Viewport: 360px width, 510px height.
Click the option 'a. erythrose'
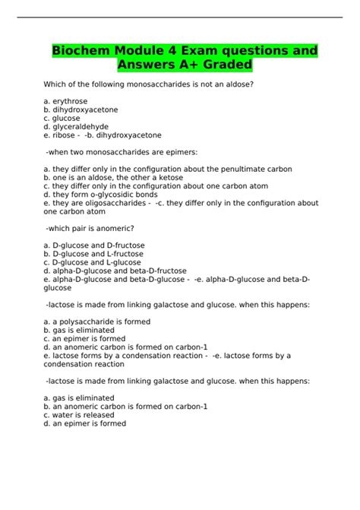click(x=68, y=100)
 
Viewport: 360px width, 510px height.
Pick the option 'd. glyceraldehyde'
click(x=76, y=126)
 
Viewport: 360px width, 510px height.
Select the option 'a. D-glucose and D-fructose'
click(x=94, y=245)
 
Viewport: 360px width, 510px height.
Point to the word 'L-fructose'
click(x=123, y=254)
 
